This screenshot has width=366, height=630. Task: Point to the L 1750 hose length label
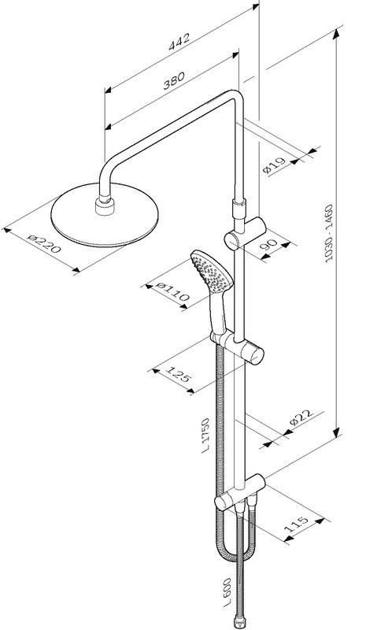click(202, 438)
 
